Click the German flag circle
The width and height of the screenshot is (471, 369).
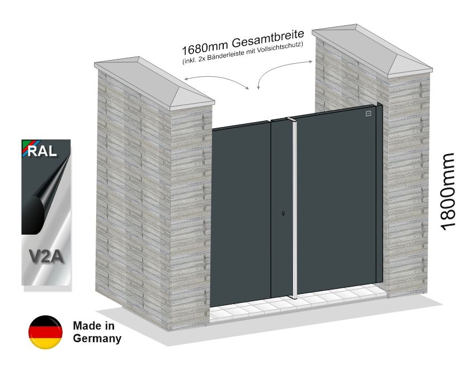(45, 332)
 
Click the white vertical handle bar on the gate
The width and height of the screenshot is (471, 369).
(292, 207)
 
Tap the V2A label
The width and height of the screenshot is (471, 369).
(46, 258)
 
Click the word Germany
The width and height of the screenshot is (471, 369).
(97, 338)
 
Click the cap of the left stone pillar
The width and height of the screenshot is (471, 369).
(154, 81)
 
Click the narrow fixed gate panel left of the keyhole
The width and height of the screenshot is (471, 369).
(279, 168)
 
